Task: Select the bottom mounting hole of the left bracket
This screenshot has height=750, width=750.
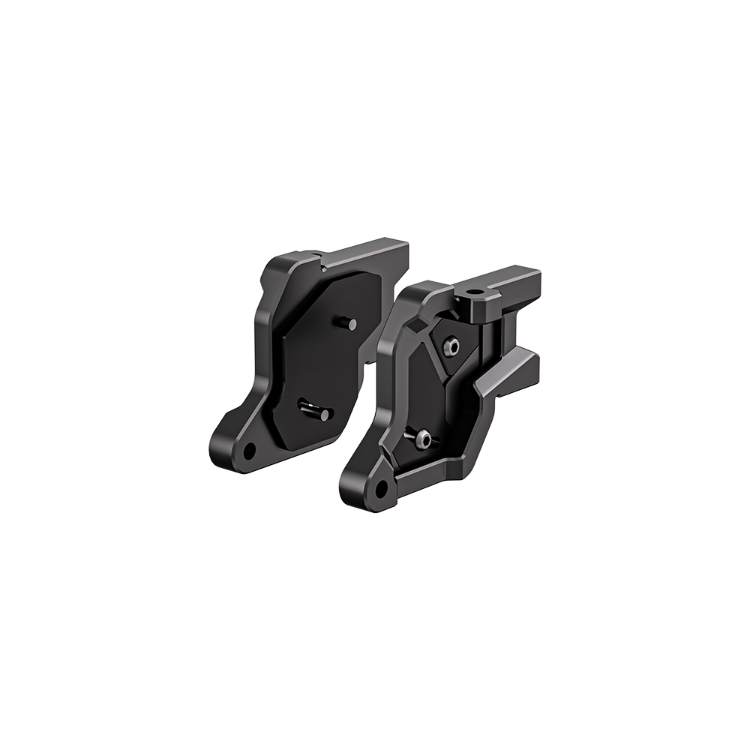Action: tap(248, 449)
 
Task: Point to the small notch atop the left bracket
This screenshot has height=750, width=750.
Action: tap(320, 265)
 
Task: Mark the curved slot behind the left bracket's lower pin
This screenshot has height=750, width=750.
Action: tap(306, 406)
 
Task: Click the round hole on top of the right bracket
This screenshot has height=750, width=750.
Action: tap(475, 289)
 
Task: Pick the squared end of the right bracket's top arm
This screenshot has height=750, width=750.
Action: tap(525, 281)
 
